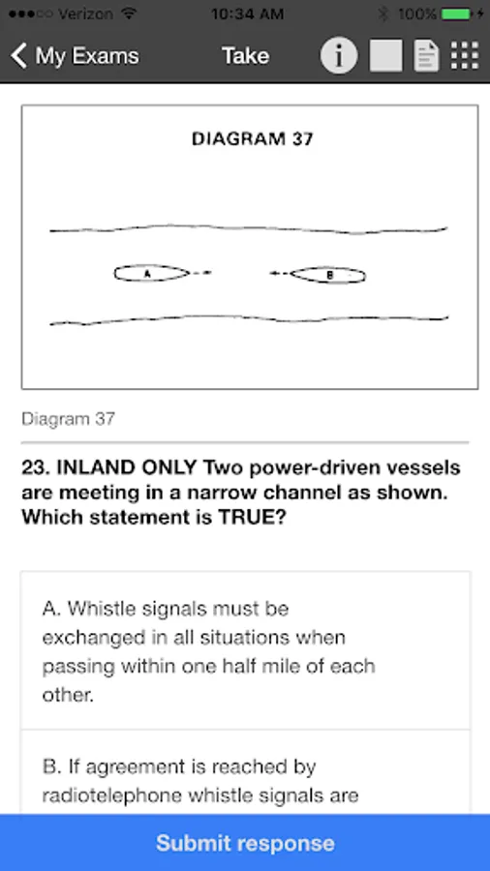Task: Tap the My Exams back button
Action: click(75, 56)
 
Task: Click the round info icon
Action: click(338, 55)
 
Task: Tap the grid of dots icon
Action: click(465, 55)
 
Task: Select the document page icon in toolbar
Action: click(426, 56)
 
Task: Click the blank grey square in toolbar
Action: click(386, 55)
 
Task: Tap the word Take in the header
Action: click(246, 55)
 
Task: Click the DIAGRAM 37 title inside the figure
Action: click(252, 138)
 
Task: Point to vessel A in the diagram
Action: click(152, 273)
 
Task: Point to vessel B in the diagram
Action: click(328, 275)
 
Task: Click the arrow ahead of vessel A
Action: click(201, 272)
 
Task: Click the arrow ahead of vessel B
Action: click(280, 273)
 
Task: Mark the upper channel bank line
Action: click(248, 228)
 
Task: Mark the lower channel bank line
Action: click(248, 319)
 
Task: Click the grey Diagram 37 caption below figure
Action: click(68, 419)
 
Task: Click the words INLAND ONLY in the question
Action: click(127, 467)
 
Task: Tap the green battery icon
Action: click(458, 15)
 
